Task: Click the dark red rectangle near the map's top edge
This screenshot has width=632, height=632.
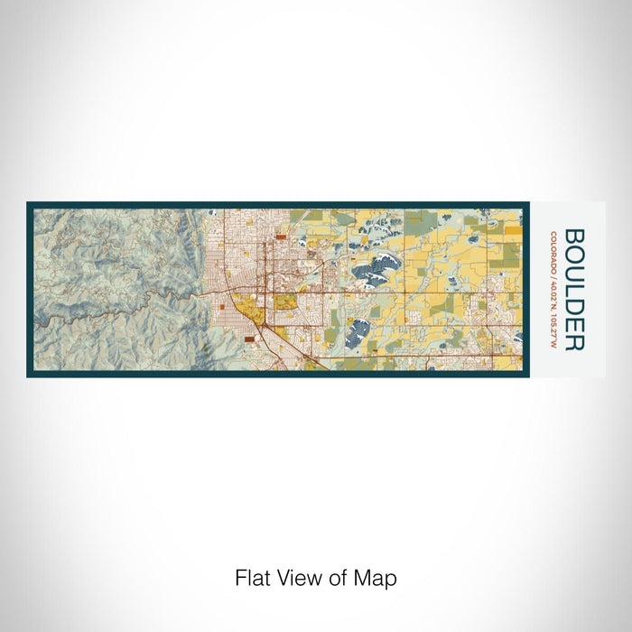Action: coord(280,237)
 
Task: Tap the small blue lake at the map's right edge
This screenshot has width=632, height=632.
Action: coord(516,338)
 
